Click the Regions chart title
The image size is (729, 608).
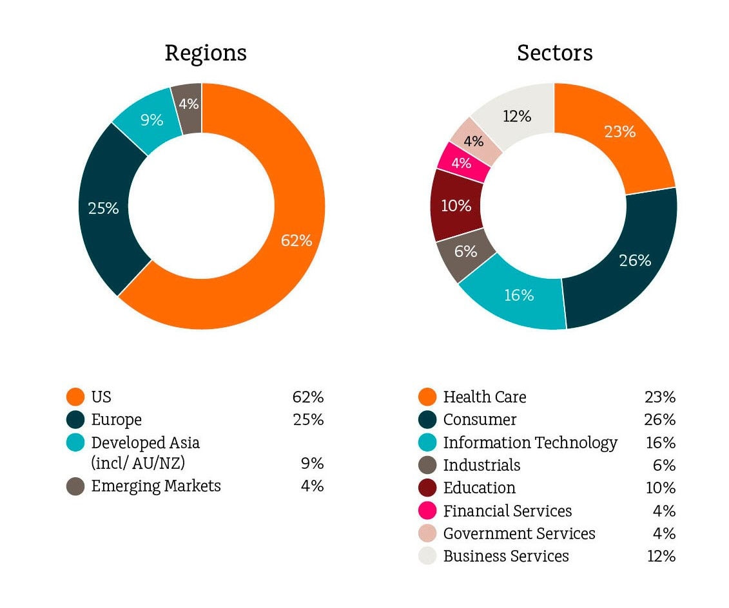pyautogui.click(x=206, y=53)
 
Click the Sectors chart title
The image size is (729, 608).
pyautogui.click(x=554, y=53)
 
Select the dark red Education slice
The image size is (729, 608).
pyautogui.click(x=456, y=206)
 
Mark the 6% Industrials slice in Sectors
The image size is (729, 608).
pyautogui.click(x=465, y=253)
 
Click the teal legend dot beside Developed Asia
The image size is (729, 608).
pyautogui.click(x=75, y=442)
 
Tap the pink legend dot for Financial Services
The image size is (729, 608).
pyautogui.click(x=427, y=511)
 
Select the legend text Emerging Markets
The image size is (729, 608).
pyautogui.click(x=156, y=486)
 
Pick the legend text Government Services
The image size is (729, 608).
pyautogui.click(x=519, y=533)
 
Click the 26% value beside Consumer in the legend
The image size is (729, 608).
pyautogui.click(x=659, y=420)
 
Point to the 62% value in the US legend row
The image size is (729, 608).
pyautogui.click(x=307, y=397)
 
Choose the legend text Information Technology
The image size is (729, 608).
pyautogui.click(x=530, y=442)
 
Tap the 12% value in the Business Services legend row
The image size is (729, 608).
pyautogui.click(x=661, y=556)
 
